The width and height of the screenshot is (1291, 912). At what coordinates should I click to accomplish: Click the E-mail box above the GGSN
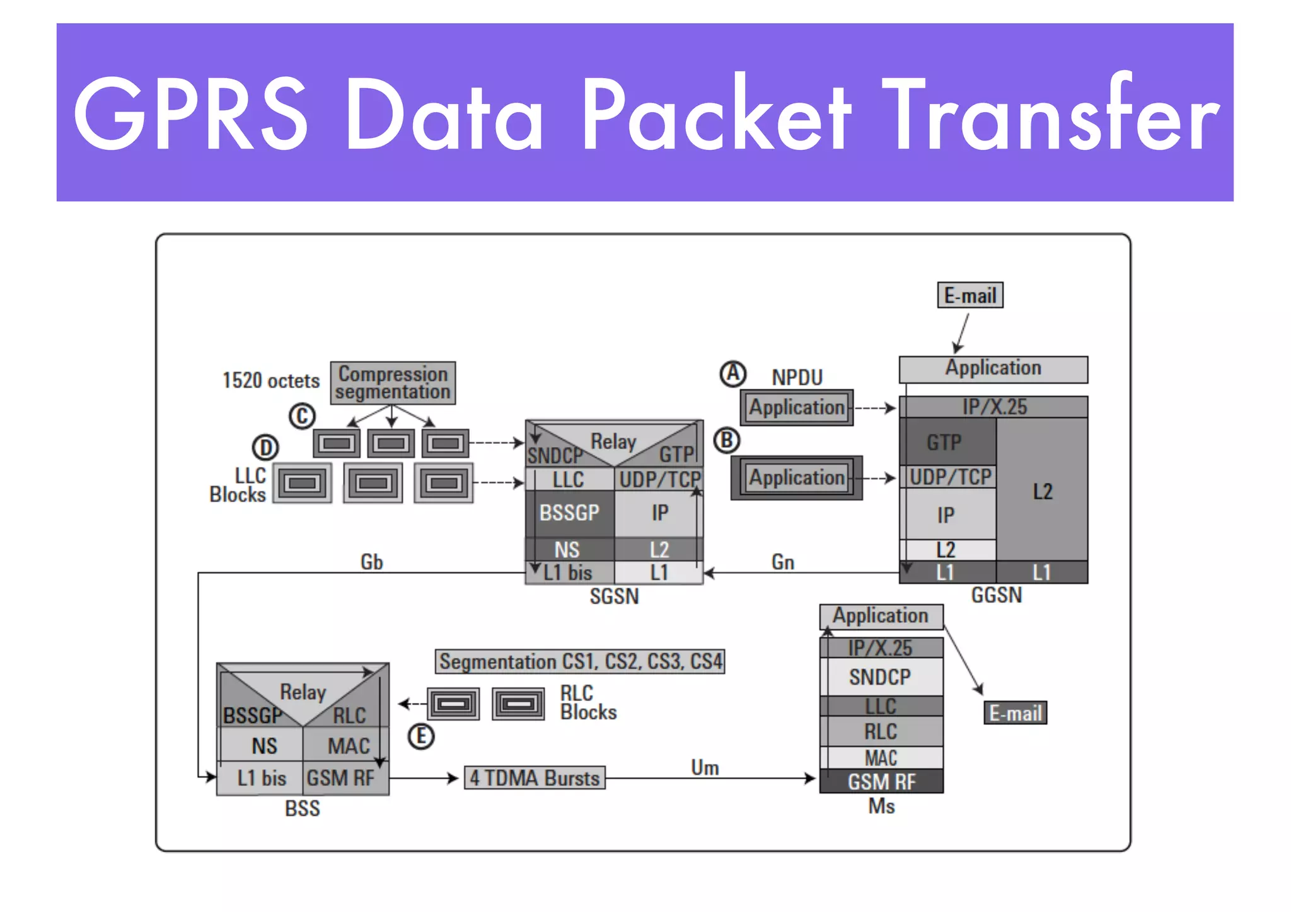tap(970, 295)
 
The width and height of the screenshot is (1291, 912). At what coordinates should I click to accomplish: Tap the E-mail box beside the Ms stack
tap(1015, 713)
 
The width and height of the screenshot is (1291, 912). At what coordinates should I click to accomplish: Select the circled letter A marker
tap(733, 373)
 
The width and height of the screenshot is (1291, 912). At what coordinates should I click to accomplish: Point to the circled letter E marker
tap(421, 736)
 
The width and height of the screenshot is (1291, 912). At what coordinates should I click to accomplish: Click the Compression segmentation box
tap(393, 382)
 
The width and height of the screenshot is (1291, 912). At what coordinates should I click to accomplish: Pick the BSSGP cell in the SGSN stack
tap(569, 513)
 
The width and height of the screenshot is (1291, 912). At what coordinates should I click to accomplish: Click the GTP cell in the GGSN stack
tap(944, 442)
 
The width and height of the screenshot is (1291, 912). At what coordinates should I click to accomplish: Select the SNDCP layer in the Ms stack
tap(880, 677)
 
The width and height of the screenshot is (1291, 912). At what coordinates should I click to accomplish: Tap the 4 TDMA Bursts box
tap(535, 778)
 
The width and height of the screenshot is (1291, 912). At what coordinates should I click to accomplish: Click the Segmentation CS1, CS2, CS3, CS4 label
tap(580, 661)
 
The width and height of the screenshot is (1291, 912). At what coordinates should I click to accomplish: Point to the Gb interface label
tap(371, 561)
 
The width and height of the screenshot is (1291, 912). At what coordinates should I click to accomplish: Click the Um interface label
tap(705, 767)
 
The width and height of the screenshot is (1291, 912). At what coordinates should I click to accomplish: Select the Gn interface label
tap(782, 561)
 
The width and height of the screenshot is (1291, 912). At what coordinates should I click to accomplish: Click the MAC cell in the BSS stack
tap(348, 746)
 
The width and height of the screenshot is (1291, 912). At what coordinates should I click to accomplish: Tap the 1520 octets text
tap(271, 380)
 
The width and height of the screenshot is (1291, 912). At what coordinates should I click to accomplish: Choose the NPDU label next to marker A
tap(797, 377)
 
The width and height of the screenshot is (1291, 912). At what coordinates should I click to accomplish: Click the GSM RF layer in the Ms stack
tap(881, 782)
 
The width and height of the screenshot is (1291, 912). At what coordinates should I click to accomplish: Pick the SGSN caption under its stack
tap(614, 596)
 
